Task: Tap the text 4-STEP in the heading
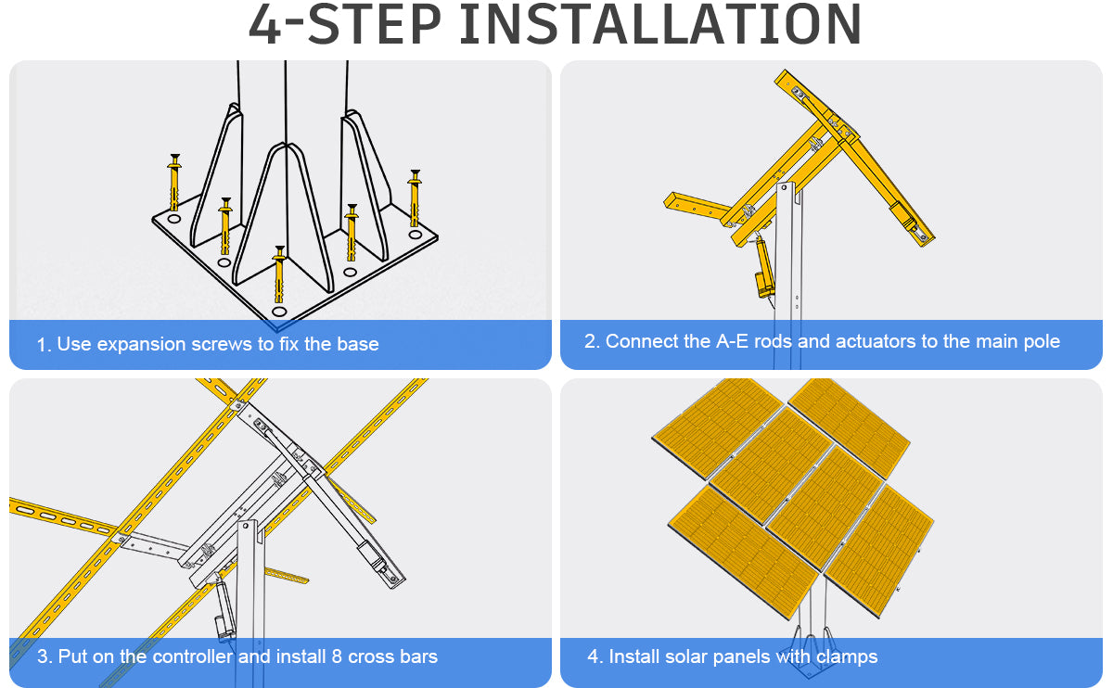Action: [345, 23]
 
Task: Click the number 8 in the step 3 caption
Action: [337, 656]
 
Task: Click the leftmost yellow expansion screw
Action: [174, 183]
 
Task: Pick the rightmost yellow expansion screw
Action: [415, 197]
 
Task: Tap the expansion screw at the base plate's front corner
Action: [280, 274]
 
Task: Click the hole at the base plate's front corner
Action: [279, 312]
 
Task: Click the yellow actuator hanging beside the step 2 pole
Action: [763, 267]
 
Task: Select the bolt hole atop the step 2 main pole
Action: [785, 188]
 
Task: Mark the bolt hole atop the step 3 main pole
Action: [246, 526]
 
